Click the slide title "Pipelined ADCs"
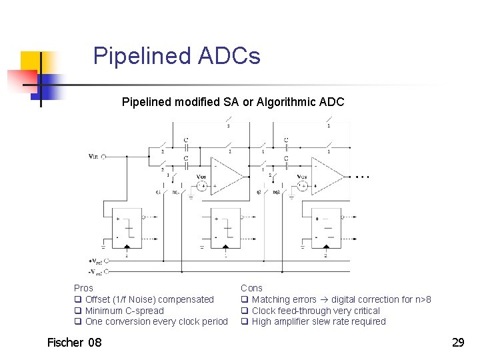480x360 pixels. tap(177, 56)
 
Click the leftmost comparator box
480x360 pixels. tap(127, 227)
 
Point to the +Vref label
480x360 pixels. tap(95, 261)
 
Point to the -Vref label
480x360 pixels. tap(95, 271)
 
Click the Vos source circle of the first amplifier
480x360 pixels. tap(201, 186)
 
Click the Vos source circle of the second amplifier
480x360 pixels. tap(301, 186)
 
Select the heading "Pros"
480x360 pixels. tap(83, 288)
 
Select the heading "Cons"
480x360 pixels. tap(251, 288)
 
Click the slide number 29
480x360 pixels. tap(458, 343)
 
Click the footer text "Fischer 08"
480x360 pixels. tap(75, 343)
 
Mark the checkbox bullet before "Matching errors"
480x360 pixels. tap(245, 300)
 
